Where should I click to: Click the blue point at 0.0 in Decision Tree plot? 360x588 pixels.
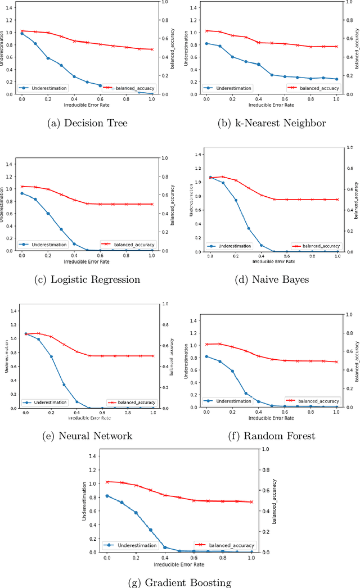tap(22, 34)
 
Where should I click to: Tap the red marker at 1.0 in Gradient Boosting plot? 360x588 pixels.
tap(251, 502)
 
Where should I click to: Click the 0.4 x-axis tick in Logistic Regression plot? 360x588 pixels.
tap(74, 256)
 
